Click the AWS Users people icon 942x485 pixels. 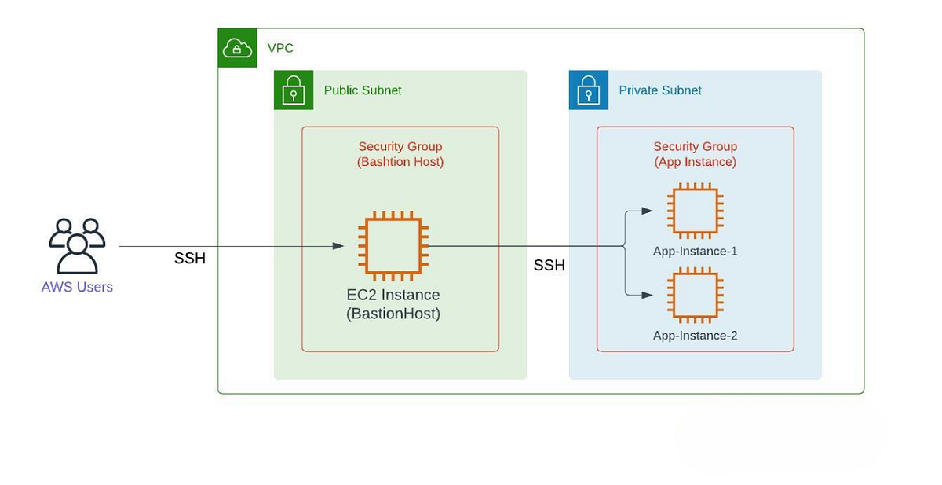coord(77,245)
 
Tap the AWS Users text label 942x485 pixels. coord(77,287)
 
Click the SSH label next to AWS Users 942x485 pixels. coord(190,259)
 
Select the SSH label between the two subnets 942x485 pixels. coord(549,266)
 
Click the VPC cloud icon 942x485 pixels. coord(237,49)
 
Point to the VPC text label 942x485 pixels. coord(280,49)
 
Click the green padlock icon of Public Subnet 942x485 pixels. coord(294,90)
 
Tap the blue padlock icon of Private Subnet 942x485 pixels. coord(589,90)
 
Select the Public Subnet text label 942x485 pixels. coord(363,90)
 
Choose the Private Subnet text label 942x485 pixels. coord(660,90)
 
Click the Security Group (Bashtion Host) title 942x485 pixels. coord(400,154)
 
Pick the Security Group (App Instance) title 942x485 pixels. coord(695,154)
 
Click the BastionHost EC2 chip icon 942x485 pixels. coord(393,246)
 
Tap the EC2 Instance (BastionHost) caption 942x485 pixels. coord(393,304)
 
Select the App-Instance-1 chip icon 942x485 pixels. coord(695,211)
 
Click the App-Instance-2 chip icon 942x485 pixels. coord(695,295)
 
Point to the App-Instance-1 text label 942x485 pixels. coord(695,252)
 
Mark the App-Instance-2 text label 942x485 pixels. coord(695,336)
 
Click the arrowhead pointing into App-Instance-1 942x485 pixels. coord(648,211)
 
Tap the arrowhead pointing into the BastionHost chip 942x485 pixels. coord(338,246)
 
